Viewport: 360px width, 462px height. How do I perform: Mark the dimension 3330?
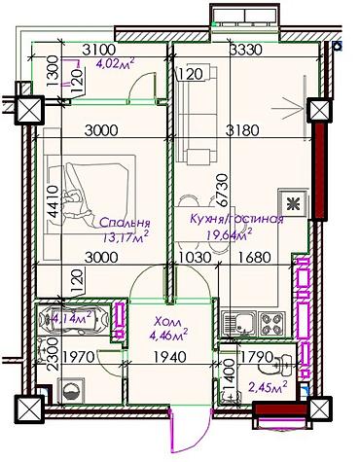point(246,51)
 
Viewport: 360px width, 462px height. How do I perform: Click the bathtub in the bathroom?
point(73,318)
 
